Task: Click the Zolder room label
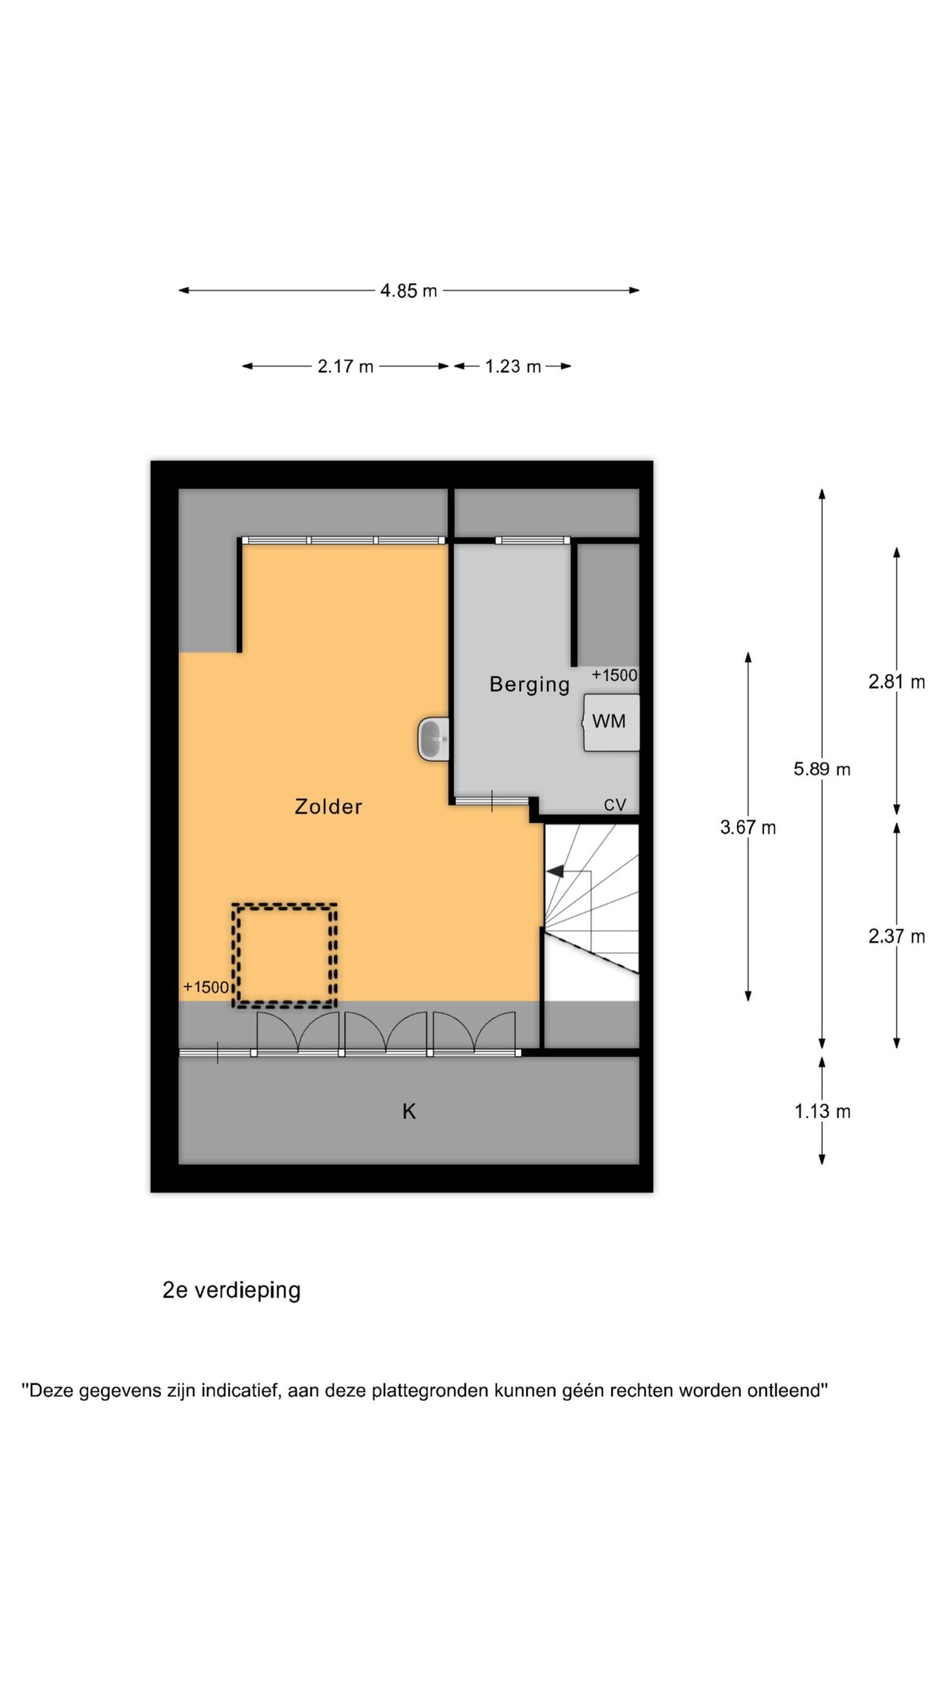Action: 328,806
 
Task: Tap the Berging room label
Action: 529,685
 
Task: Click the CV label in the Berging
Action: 615,805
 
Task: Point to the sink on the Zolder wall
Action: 433,739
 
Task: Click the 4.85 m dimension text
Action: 408,291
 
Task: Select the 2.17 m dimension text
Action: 345,366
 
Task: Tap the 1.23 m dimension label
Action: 512,366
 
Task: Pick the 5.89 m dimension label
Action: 822,768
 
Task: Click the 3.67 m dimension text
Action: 748,828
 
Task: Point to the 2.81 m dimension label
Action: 896,681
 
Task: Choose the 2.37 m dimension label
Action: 896,936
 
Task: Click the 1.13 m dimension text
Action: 822,1112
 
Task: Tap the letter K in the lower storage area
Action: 409,1112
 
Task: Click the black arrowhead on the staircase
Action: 555,871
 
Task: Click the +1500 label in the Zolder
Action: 206,987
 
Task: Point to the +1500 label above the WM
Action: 614,675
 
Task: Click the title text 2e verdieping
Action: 231,1290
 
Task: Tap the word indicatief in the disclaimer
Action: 239,1391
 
